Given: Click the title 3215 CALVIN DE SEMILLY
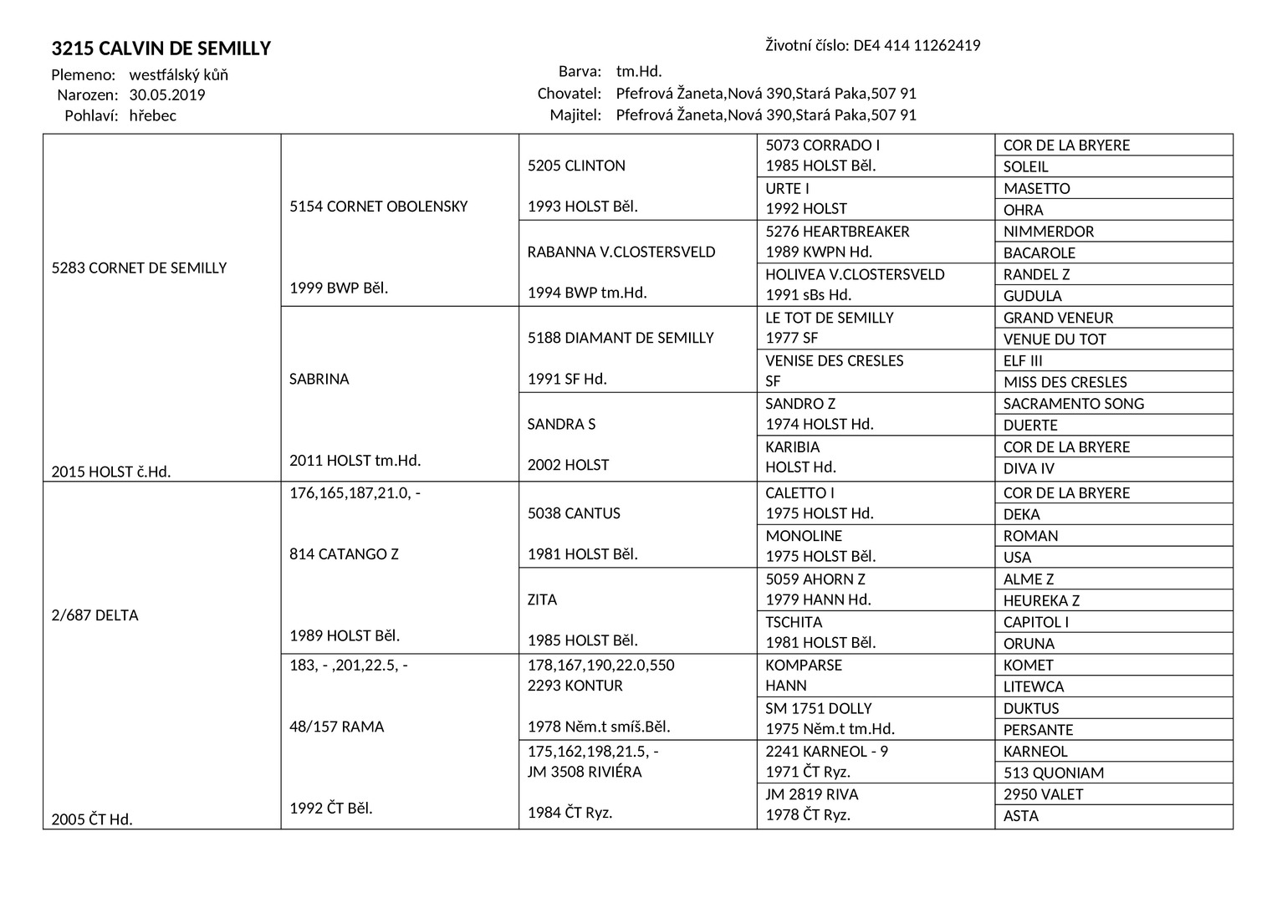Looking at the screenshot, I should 161,48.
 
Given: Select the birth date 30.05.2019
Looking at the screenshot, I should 167,94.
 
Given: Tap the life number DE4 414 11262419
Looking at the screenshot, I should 917,45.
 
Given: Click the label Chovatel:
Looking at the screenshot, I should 569,94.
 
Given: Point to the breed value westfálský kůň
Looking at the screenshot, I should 179,74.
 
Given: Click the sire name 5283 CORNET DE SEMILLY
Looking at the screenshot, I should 139,268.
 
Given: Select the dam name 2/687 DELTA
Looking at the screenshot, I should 94,615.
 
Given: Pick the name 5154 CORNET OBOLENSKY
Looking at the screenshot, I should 378,207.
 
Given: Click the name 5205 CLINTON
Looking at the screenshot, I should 576,166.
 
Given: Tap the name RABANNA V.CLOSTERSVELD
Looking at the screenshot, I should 621,252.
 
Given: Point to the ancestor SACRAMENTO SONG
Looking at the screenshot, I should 1074,404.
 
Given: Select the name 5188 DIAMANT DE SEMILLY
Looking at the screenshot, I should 621,338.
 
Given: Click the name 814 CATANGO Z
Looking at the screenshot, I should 344,554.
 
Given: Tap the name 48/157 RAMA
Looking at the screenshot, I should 337,727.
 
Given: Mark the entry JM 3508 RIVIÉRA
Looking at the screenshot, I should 585,772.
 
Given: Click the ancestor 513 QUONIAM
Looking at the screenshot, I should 1054,773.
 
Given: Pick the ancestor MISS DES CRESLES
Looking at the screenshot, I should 1065,382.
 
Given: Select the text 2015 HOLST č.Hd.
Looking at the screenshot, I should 111,472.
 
